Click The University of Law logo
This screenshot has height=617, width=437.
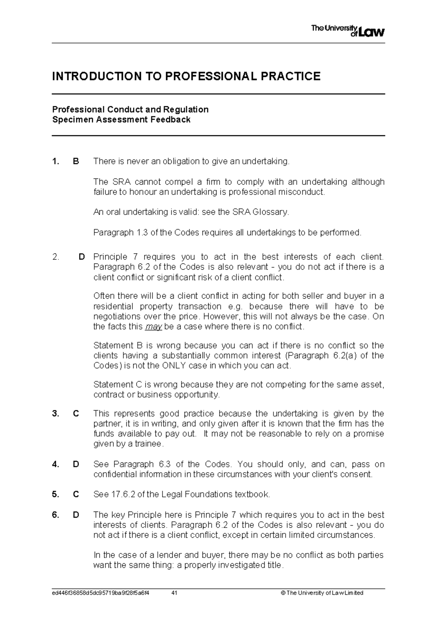tap(348, 31)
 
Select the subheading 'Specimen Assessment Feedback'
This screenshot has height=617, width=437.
tap(121, 120)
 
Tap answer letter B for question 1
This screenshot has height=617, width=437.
tap(76, 161)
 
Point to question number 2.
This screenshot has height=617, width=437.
tap(55, 257)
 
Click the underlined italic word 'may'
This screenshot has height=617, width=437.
tap(153, 327)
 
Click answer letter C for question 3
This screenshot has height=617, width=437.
tap(76, 414)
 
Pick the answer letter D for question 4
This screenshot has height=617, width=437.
tap(76, 464)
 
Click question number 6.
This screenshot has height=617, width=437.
tap(55, 515)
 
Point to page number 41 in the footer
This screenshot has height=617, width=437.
tap(174, 593)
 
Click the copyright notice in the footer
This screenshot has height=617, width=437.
tap(322, 593)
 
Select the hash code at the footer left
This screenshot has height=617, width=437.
tap(101, 593)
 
